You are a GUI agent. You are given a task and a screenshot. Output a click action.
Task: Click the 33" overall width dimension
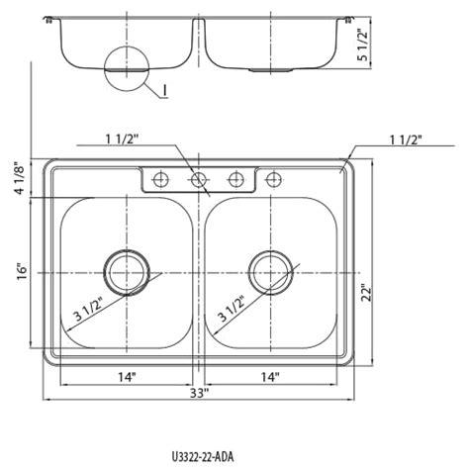[x=199, y=393]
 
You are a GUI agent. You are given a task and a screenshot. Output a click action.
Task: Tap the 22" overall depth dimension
[x=366, y=292]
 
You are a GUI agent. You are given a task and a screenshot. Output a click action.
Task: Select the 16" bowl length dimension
[x=22, y=271]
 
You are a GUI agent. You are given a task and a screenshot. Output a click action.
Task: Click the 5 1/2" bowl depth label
[x=362, y=45]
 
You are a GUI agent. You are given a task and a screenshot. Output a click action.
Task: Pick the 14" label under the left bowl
[x=127, y=377]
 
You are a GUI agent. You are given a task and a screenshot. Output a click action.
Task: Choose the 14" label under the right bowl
[x=270, y=377]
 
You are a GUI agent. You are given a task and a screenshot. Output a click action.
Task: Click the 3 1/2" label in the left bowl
[x=88, y=309]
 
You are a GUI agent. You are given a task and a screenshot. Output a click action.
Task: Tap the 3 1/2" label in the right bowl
[x=232, y=309]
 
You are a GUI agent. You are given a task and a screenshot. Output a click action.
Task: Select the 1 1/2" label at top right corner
[x=406, y=141]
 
